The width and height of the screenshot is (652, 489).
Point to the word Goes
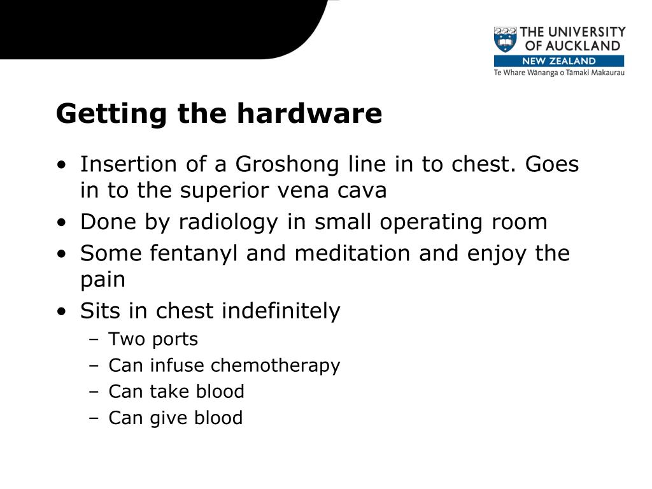click(x=553, y=164)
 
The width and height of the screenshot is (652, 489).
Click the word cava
click(x=363, y=191)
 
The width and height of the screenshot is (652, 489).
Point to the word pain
click(x=103, y=280)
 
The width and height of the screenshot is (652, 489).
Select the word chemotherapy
click(x=275, y=365)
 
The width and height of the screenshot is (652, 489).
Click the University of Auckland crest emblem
click(x=506, y=39)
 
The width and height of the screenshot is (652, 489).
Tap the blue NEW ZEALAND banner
click(x=559, y=61)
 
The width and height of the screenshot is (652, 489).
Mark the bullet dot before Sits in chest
click(x=60, y=312)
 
